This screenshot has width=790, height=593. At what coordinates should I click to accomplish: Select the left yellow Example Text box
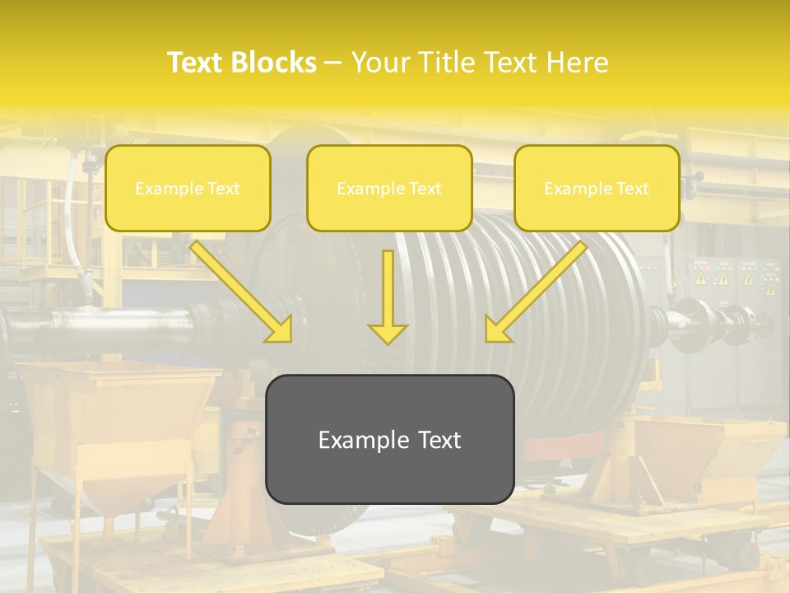(x=188, y=189)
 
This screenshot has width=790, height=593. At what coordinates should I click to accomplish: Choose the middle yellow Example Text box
(x=389, y=189)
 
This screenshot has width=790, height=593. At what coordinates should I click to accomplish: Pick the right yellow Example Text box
(x=597, y=189)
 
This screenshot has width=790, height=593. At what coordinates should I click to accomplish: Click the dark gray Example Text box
(x=389, y=439)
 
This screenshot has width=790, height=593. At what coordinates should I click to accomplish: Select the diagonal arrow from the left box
(x=239, y=288)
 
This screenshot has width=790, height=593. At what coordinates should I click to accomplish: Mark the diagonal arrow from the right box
(x=539, y=288)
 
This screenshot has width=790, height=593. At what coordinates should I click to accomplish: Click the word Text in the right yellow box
(x=632, y=189)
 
